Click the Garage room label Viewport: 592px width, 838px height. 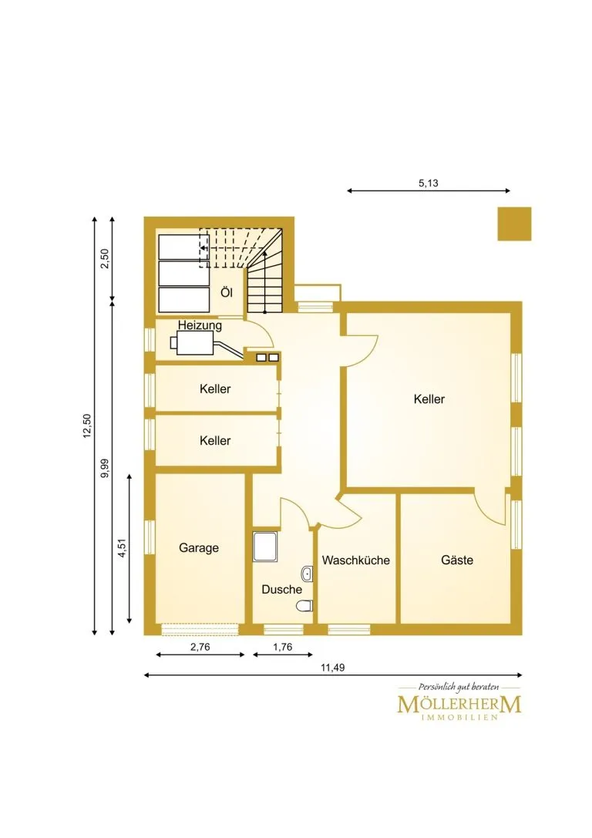click(x=199, y=548)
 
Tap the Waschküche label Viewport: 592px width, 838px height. click(x=356, y=560)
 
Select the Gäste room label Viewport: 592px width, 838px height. click(x=457, y=560)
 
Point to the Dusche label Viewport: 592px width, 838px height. click(x=281, y=589)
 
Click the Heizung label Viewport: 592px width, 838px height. click(x=200, y=325)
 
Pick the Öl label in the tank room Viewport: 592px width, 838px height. click(x=227, y=292)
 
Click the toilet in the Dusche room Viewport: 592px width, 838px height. click(x=304, y=606)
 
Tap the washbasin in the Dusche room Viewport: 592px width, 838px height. click(x=307, y=574)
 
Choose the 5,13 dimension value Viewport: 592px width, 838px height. click(x=429, y=183)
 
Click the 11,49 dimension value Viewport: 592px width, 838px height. click(x=333, y=667)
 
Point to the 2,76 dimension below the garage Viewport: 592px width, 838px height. click(x=200, y=647)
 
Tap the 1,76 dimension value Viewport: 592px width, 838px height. click(x=283, y=647)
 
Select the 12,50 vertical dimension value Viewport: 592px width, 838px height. click(x=87, y=426)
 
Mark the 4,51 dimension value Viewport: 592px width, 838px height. click(x=123, y=548)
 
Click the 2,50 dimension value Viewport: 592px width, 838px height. click(x=105, y=259)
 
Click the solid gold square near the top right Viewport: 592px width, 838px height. click(x=514, y=224)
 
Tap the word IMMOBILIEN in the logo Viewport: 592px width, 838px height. click(x=459, y=717)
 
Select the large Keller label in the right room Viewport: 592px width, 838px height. click(x=429, y=399)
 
